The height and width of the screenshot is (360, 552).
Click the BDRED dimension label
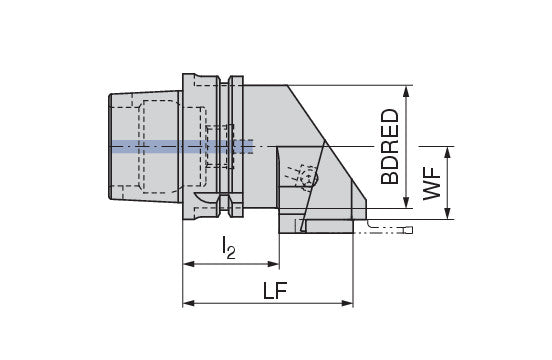point(390,147)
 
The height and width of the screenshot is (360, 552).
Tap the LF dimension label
point(275,290)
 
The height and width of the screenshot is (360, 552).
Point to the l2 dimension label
point(228,247)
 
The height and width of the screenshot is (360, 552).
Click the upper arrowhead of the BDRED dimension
point(406,91)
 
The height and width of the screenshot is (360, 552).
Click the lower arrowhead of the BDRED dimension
point(406,202)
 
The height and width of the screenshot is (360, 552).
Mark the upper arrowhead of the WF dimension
point(447,152)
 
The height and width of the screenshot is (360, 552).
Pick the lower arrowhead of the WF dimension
point(447,213)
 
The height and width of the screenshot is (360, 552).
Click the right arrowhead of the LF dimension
point(347,303)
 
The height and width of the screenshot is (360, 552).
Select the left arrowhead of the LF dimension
point(189,303)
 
